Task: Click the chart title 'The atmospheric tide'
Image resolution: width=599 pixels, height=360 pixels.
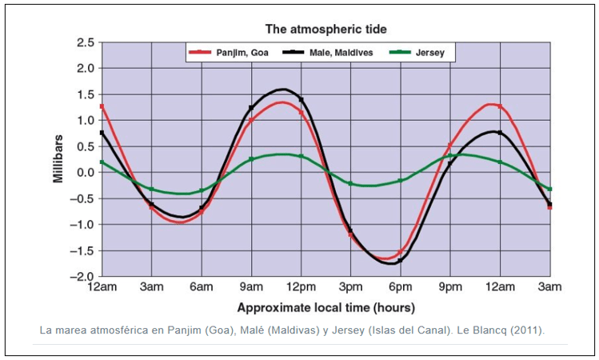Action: pos(325,29)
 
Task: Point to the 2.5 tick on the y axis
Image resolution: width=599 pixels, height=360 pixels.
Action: pos(85,42)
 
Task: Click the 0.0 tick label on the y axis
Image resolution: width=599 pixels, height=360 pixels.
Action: pos(85,172)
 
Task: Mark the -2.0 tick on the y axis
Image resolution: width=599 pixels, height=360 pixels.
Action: pos(82,277)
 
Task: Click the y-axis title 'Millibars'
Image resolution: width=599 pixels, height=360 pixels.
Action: pos(58,159)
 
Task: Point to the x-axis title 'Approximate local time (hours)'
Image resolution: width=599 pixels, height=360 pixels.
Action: pos(325,306)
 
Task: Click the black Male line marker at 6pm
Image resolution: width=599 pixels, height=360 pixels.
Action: pos(400,260)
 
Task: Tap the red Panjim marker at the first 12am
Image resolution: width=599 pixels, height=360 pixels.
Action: pos(102,106)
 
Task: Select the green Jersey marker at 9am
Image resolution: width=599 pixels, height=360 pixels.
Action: pos(251,159)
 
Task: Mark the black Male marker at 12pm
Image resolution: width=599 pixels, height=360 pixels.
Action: pos(301,99)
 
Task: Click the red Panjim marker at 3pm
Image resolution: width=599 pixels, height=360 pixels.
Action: pos(350,234)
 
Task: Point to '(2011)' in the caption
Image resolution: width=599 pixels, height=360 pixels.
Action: pos(525,330)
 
